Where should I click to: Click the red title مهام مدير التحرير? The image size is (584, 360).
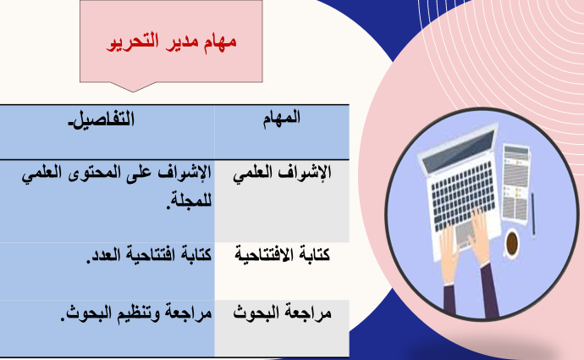(171, 42)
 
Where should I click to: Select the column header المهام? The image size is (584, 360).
(282, 119)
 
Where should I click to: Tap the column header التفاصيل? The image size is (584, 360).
(102, 119)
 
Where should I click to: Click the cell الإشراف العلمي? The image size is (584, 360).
(283, 174)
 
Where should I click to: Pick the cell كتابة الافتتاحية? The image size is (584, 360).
(283, 254)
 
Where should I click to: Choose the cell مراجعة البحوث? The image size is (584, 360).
(283, 313)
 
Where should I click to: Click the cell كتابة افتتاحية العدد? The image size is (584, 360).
(149, 254)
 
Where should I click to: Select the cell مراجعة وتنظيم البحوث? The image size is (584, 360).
(136, 313)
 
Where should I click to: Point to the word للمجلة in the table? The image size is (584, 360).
(189, 201)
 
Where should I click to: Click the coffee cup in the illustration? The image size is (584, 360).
(512, 243)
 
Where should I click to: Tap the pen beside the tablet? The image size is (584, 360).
(533, 214)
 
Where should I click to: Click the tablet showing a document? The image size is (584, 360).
(515, 184)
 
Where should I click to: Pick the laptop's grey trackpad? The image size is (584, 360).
(466, 234)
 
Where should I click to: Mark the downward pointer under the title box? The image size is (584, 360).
(133, 87)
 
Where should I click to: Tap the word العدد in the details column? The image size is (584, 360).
(102, 255)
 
